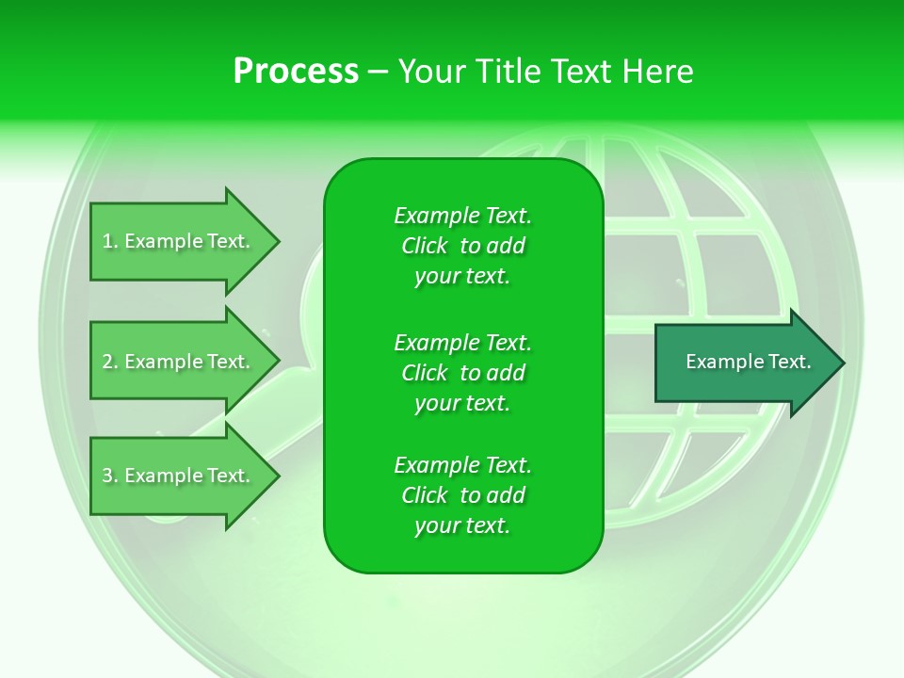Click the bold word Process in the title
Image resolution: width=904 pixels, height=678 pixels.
pos(296,72)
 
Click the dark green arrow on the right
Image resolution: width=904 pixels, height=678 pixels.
pos(744,363)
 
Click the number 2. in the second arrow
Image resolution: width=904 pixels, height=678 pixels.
pos(110,362)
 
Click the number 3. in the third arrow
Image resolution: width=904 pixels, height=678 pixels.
pos(110,476)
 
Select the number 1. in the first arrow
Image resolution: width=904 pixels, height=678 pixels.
pos(110,242)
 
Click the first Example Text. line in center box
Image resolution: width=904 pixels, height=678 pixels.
pos(462,216)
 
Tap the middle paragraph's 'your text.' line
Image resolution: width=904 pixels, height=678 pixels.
pos(462,403)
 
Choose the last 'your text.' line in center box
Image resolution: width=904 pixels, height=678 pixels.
pos(462,525)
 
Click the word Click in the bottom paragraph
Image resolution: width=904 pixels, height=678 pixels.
pos(424,495)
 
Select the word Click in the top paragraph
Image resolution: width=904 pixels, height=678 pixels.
pos(424,246)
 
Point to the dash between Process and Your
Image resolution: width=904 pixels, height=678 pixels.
pos(378,72)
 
